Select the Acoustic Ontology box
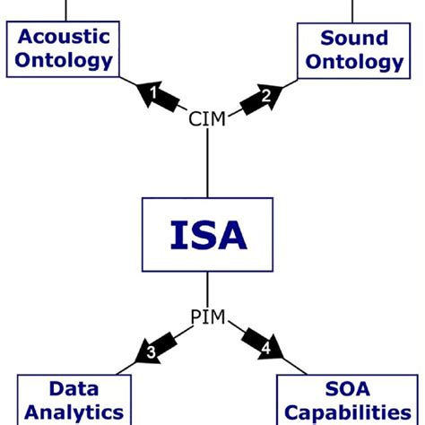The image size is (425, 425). pyautogui.click(x=64, y=49)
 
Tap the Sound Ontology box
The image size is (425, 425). pyautogui.click(x=354, y=49)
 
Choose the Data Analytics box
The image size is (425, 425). pyautogui.click(x=74, y=400)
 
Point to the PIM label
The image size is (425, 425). pyautogui.click(x=207, y=317)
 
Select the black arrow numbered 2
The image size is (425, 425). pyautogui.click(x=262, y=95)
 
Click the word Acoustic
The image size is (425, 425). pyautogui.click(x=64, y=37)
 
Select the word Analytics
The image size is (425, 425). pyautogui.click(x=74, y=412)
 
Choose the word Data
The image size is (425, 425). pyautogui.click(x=74, y=388)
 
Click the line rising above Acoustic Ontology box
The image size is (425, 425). pyautogui.click(x=65, y=9)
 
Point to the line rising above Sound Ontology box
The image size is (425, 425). pyautogui.click(x=354, y=9)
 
